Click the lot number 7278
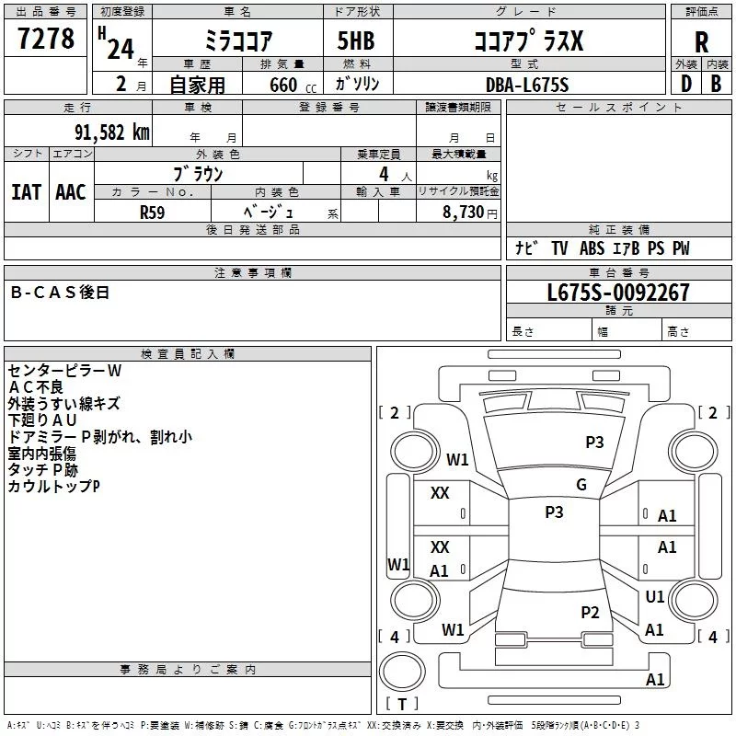coord(46,38)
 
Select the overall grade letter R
coord(701,42)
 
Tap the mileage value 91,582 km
coord(111,132)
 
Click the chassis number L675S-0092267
coord(618,292)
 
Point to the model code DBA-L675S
coord(527,85)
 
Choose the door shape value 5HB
coord(356,40)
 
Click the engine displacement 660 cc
coord(293,85)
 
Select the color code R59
coord(152,213)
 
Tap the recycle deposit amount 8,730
coord(464,212)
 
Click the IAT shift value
coord(27,192)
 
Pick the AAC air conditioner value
coord(71,192)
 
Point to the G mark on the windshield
coord(581,485)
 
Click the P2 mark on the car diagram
coord(590,612)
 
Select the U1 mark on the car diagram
coord(654,596)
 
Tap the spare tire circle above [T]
coord(402,671)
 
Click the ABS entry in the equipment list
coord(592,248)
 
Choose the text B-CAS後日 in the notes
coord(60,293)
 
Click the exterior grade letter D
coord(686,84)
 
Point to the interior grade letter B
coord(716,84)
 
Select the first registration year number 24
coord(121,49)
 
